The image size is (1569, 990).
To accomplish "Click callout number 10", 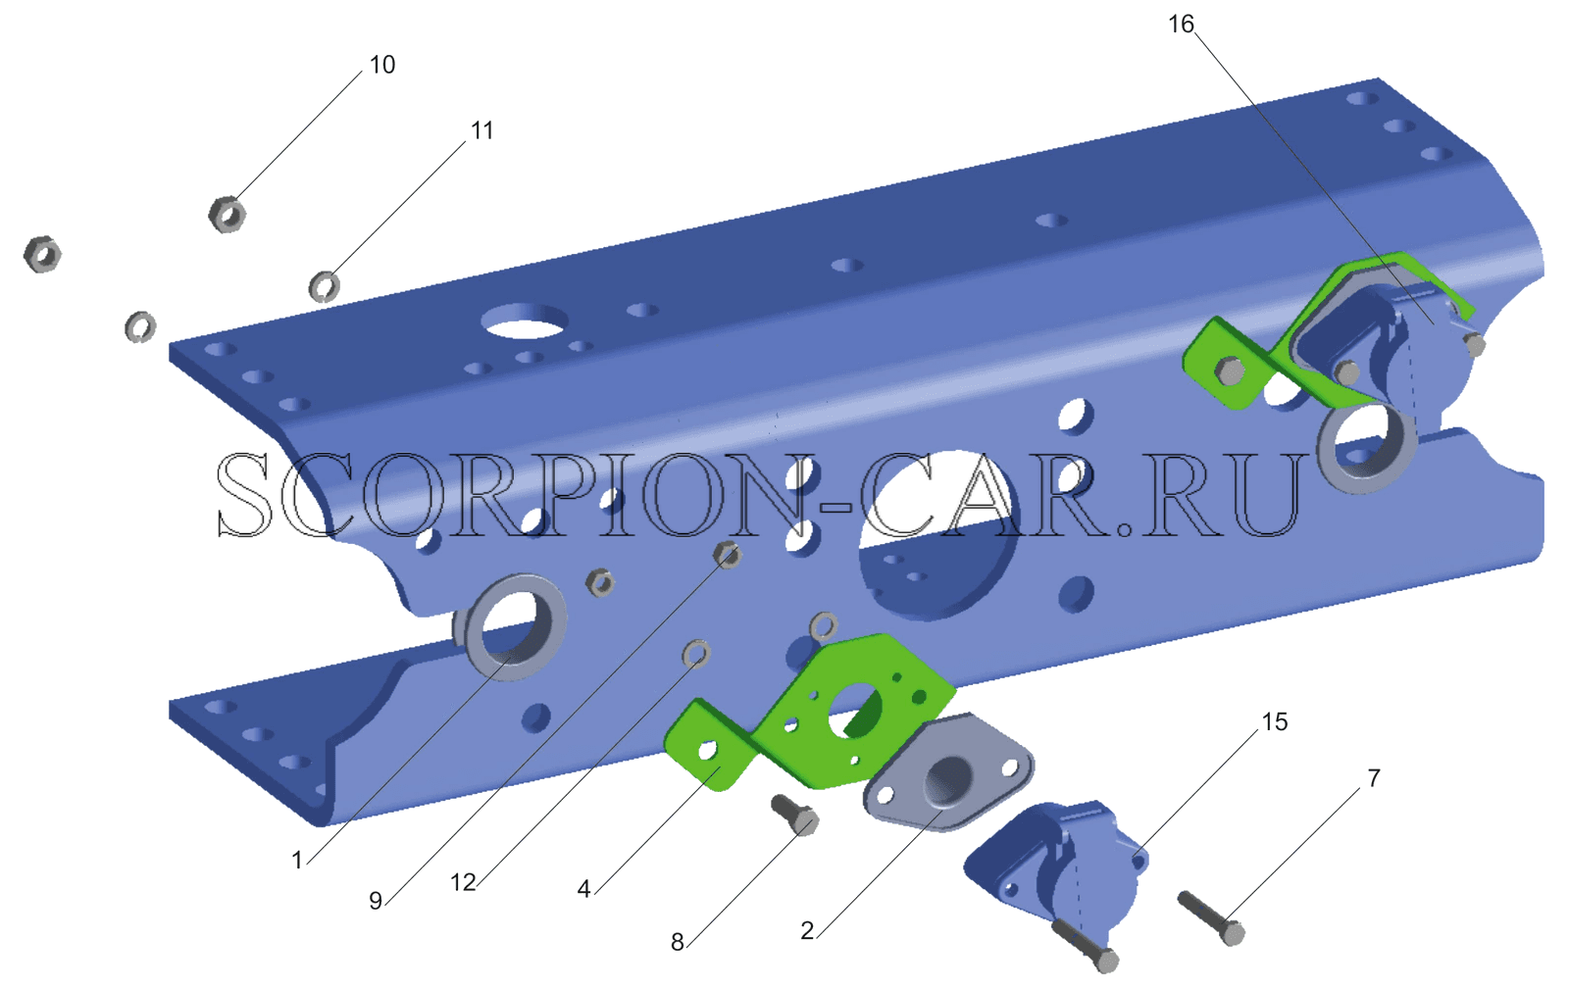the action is pos(381,65).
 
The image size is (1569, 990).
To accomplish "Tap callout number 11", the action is pos(481,130).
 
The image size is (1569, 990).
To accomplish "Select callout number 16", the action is pos(1181,25).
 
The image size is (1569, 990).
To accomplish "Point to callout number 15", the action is pos(1274,721).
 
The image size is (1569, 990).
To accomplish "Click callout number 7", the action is pos(1374,778).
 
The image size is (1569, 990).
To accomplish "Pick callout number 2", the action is pos(807,930).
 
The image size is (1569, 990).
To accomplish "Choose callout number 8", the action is pos(677,942).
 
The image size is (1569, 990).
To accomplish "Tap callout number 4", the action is pos(583,889).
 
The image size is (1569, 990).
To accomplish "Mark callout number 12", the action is pos(463,882).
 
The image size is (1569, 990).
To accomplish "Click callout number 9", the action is pos(376,901).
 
